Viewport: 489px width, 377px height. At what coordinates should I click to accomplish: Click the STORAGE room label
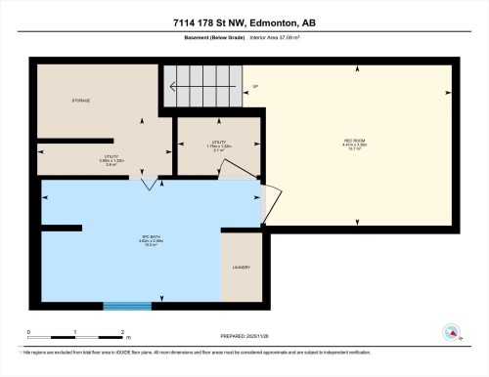[x=80, y=100]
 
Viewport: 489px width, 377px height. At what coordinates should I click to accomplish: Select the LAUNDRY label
[x=241, y=267]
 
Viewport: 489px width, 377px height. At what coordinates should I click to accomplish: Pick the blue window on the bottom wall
[x=127, y=306]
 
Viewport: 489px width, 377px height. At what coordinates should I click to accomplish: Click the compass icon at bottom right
[x=453, y=332]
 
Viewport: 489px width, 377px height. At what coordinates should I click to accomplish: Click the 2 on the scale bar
[x=121, y=332]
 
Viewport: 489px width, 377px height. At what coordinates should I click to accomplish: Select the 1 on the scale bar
[x=75, y=332]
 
